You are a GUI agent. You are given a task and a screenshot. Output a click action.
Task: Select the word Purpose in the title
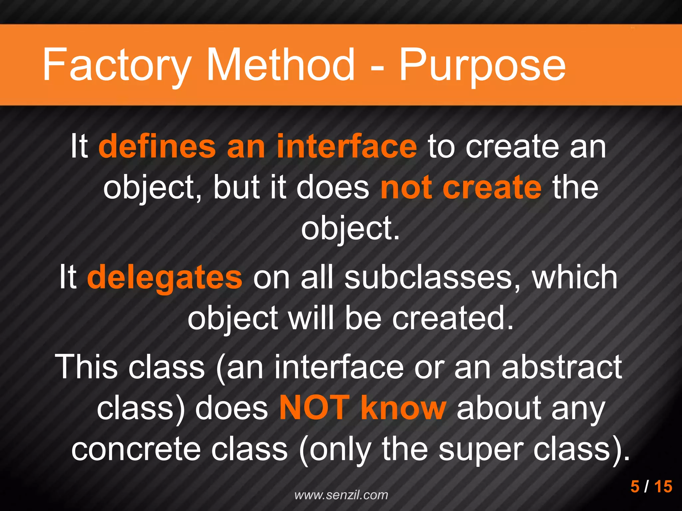point(482,65)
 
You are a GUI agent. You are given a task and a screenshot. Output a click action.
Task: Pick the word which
point(575,277)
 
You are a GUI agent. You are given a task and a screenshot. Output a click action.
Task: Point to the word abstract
point(561,367)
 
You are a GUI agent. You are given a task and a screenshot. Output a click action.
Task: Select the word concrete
point(136,449)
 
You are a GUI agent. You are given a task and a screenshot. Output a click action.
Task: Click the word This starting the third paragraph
point(88,367)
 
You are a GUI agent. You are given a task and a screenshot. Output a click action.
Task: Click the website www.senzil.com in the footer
point(341,495)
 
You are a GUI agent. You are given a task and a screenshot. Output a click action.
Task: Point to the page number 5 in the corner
point(635,486)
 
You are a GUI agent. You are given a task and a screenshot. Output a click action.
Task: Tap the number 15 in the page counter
point(663,486)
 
